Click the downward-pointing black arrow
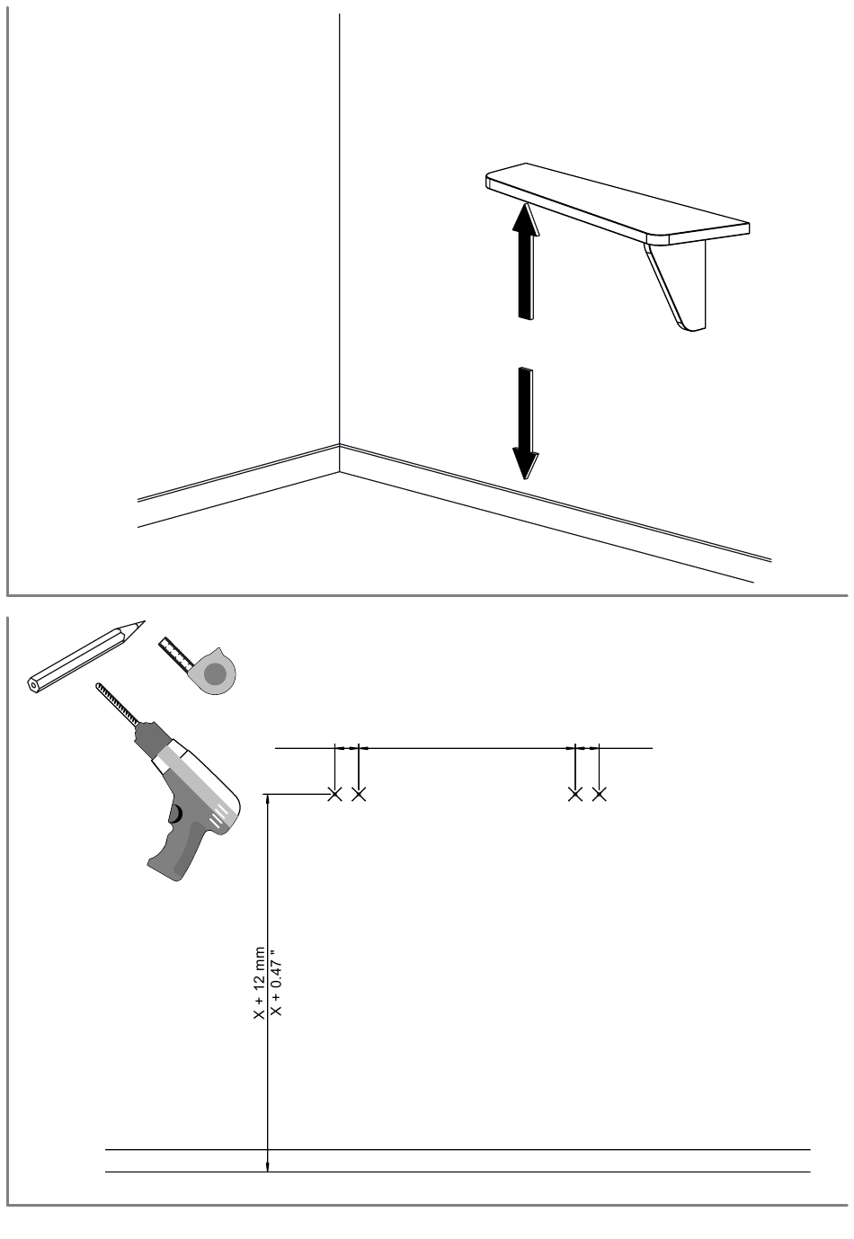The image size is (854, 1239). point(526,423)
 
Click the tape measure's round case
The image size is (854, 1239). point(214,673)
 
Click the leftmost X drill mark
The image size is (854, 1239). point(334,795)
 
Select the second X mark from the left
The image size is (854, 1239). point(359,795)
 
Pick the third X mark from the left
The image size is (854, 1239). point(575,795)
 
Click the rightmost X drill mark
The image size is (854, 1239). point(599,795)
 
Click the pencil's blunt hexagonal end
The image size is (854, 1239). point(34,685)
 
